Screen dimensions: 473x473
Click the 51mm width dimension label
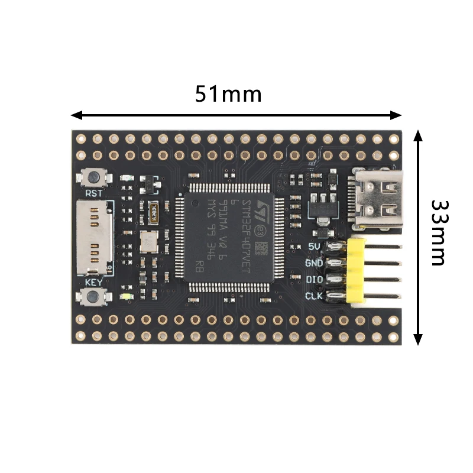(228, 93)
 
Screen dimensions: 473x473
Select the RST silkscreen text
(93, 193)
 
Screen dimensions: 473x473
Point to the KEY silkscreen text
(93, 282)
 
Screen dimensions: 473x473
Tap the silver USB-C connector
(378, 198)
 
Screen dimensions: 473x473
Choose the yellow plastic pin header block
(356, 271)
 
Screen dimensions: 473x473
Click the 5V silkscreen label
(315, 246)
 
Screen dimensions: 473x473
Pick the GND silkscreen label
(313, 263)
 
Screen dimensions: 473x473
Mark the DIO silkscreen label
(314, 279)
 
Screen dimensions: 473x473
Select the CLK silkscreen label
(313, 295)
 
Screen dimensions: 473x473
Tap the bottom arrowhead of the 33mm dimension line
(418, 339)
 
